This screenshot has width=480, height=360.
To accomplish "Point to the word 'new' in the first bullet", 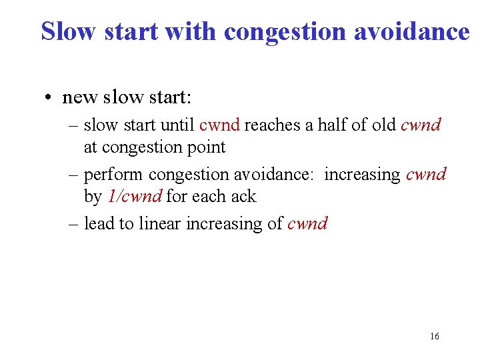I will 81,98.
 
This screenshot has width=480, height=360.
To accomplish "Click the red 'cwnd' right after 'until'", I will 219,125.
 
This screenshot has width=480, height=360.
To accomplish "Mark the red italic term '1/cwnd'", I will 135,197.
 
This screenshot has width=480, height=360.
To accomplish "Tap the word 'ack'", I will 243,197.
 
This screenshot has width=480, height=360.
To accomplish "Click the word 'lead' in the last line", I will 99,223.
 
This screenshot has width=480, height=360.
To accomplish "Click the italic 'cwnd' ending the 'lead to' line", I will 307,223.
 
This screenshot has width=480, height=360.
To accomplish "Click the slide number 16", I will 434,337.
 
